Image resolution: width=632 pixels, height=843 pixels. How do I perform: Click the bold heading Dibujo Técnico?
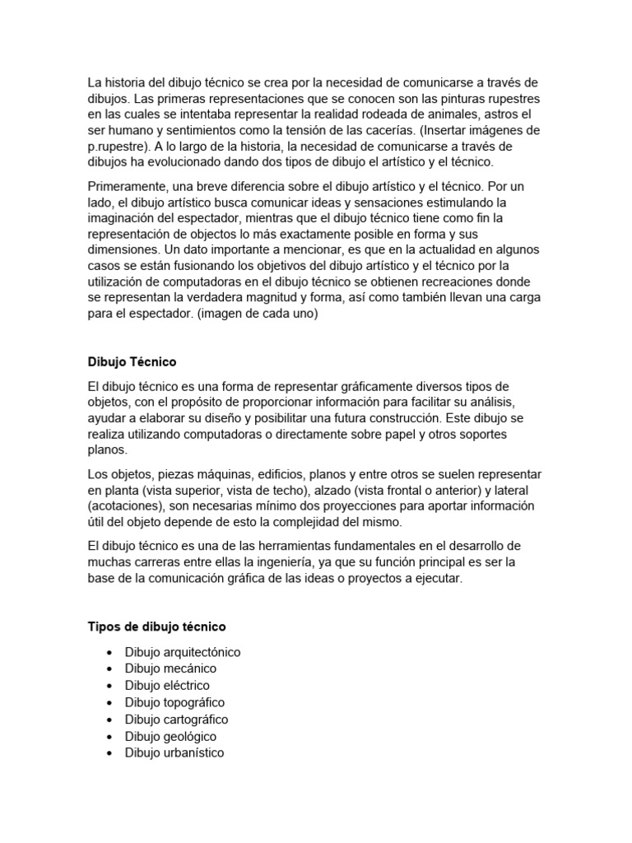(x=132, y=361)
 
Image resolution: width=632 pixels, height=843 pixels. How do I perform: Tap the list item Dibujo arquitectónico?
(x=183, y=652)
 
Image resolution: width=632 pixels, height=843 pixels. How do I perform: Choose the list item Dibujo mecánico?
(x=170, y=668)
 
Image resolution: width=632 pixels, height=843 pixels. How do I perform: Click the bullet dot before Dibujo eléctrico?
(x=109, y=686)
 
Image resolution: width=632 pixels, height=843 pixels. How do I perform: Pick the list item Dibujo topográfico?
(x=174, y=702)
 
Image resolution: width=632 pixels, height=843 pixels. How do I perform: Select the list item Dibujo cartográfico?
(x=176, y=720)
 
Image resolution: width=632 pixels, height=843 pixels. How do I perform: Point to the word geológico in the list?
(x=193, y=736)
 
